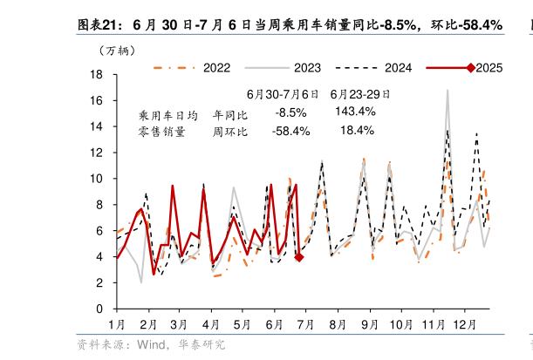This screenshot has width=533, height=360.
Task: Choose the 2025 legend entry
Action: (x=489, y=67)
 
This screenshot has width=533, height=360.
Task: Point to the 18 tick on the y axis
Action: (x=98, y=75)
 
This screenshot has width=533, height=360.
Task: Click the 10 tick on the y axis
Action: (x=98, y=179)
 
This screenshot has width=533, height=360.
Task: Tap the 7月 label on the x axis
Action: (x=305, y=324)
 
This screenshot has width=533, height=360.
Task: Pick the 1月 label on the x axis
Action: (x=116, y=324)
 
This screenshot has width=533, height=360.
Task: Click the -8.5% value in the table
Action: (x=290, y=112)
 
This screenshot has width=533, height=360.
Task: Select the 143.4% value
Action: (x=355, y=112)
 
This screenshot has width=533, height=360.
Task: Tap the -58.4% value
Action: (x=290, y=132)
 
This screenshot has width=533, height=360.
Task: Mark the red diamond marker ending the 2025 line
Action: (x=298, y=257)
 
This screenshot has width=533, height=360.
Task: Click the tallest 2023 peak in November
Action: (x=448, y=90)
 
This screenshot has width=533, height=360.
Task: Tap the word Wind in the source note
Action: (x=152, y=345)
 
